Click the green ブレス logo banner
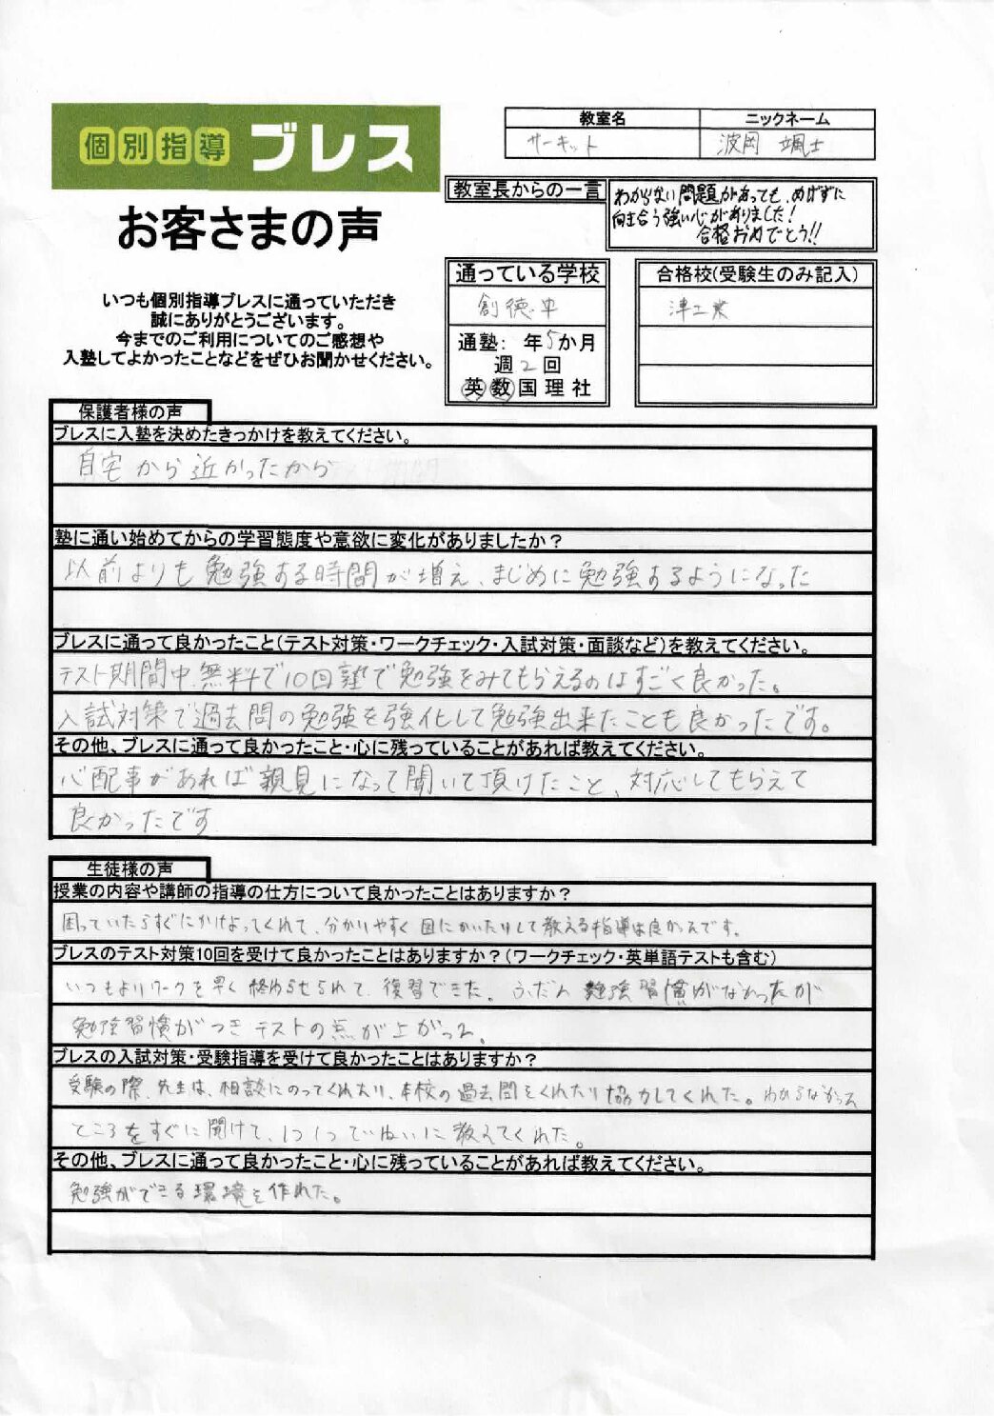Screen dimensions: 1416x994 (246, 147)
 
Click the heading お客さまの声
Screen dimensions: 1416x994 (248, 229)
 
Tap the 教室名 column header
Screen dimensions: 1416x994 (602, 119)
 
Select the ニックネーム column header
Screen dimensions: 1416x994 (786, 119)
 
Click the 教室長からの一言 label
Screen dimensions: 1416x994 (527, 190)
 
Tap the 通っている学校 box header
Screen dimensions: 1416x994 (527, 274)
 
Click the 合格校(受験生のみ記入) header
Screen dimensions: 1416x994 (756, 275)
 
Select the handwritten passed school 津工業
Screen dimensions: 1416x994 (699, 309)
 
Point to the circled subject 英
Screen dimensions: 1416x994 (473, 388)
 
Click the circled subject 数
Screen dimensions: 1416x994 (501, 388)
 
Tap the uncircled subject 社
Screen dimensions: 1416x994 (581, 388)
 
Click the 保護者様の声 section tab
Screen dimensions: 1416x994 (130, 412)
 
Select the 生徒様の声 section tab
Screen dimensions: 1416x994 (130, 868)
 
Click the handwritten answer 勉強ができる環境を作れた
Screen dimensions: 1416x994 (205, 1192)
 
